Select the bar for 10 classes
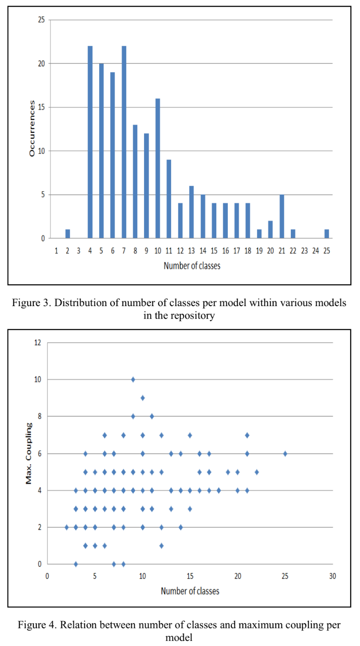tap(158, 168)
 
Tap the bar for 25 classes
tap(327, 234)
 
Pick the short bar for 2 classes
tap(68, 234)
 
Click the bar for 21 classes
tap(282, 216)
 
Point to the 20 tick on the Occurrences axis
tap(41, 64)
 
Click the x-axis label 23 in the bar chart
tap(304, 251)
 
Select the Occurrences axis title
tap(32, 129)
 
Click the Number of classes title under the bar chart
tap(192, 266)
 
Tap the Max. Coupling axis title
tap(29, 453)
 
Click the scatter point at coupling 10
tap(133, 379)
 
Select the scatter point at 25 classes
tap(285, 454)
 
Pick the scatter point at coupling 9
tap(143, 398)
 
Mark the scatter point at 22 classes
tap(257, 472)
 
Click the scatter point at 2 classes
tap(66, 527)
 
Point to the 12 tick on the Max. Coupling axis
tap(38, 342)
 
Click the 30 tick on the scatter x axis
tap(332, 576)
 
